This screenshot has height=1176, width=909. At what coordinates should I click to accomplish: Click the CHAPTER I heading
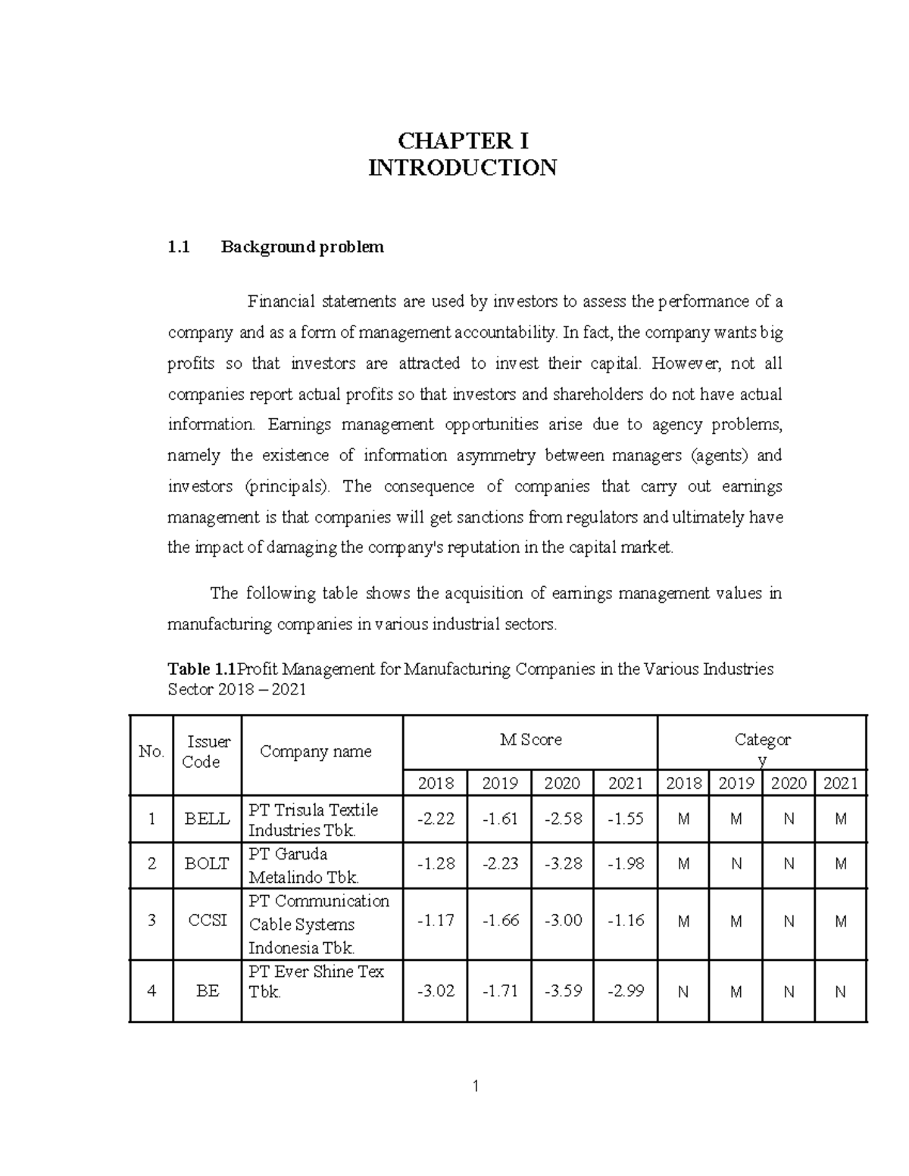point(463,141)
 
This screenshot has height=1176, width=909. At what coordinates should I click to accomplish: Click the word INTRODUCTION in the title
point(463,167)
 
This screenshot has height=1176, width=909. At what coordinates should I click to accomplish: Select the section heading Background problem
point(302,247)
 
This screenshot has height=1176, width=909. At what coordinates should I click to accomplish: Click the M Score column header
point(531,740)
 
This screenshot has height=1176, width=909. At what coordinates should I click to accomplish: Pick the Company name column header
point(315,751)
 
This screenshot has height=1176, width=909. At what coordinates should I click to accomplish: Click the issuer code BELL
point(207,819)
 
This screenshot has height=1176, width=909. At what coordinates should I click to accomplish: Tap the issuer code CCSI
point(207,922)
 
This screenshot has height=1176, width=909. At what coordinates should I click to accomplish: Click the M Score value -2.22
point(435,819)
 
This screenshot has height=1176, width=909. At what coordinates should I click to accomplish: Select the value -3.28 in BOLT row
point(563,863)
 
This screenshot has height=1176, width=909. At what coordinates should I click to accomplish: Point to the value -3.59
point(563,990)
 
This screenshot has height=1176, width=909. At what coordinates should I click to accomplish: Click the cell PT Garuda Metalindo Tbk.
point(303,865)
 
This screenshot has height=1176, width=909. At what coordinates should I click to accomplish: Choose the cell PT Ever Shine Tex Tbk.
point(317,981)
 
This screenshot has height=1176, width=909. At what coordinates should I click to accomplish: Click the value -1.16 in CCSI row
point(626,922)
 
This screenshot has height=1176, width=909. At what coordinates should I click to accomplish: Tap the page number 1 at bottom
point(475,1087)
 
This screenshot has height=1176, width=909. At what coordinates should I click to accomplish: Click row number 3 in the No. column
point(151,922)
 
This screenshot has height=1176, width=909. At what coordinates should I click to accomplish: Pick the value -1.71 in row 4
point(499,990)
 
